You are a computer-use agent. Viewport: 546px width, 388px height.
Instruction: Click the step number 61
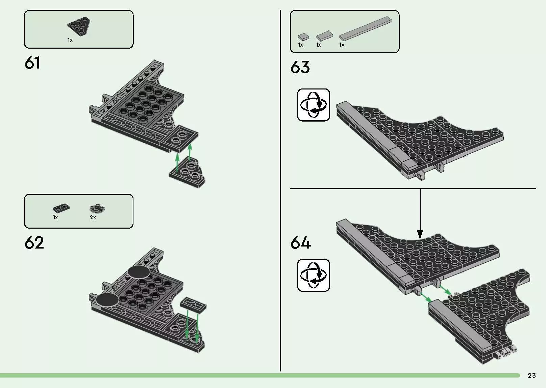(32, 63)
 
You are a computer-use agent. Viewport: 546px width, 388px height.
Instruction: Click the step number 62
(34, 243)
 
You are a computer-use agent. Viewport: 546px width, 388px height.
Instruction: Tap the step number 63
(300, 67)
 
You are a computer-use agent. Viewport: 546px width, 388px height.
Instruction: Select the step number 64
(301, 243)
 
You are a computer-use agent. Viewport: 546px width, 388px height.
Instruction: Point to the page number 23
(531, 376)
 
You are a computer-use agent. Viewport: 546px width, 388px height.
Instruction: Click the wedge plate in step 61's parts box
(78, 26)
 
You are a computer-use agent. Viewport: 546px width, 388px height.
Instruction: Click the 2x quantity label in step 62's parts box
(93, 217)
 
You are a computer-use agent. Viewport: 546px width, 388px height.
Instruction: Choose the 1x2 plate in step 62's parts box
(61, 208)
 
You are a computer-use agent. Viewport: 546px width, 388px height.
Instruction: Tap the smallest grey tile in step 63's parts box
(303, 36)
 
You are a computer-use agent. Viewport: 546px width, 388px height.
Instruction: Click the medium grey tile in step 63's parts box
(324, 35)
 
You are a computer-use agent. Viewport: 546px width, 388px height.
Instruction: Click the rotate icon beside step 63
(313, 105)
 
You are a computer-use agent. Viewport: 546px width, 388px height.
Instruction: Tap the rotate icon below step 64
(313, 275)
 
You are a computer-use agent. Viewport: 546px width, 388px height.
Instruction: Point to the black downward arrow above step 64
(420, 216)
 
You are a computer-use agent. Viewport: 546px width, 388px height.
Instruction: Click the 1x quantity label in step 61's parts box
(70, 40)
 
